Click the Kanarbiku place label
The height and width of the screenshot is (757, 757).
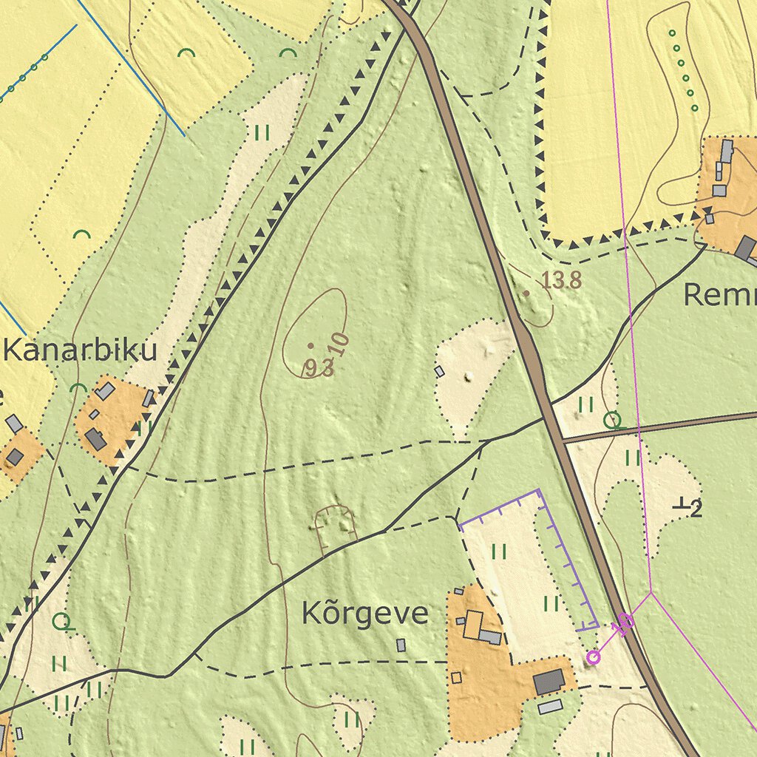[x=80, y=350]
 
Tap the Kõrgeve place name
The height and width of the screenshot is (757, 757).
[x=364, y=614]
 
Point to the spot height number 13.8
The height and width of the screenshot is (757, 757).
[x=562, y=280]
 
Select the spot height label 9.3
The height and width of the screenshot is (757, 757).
[x=319, y=367]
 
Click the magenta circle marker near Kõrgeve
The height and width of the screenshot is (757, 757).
[x=593, y=657]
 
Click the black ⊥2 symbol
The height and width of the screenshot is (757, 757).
[x=688, y=507]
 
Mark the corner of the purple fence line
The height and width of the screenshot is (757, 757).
[x=538, y=491]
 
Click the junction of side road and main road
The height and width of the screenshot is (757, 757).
[x=560, y=439]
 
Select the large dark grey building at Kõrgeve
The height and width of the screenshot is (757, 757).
[x=549, y=682]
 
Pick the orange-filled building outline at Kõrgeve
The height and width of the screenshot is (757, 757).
[x=473, y=625]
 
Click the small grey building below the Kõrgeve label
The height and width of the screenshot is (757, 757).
[x=401, y=645]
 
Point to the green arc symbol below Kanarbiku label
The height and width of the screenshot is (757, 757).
[x=78, y=388]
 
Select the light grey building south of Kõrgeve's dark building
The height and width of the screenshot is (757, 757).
[x=549, y=707]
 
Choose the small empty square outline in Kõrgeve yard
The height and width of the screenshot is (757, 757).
[x=456, y=677]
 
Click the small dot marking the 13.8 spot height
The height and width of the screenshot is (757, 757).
[x=526, y=293]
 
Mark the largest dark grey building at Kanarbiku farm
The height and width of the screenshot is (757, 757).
[x=95, y=439]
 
